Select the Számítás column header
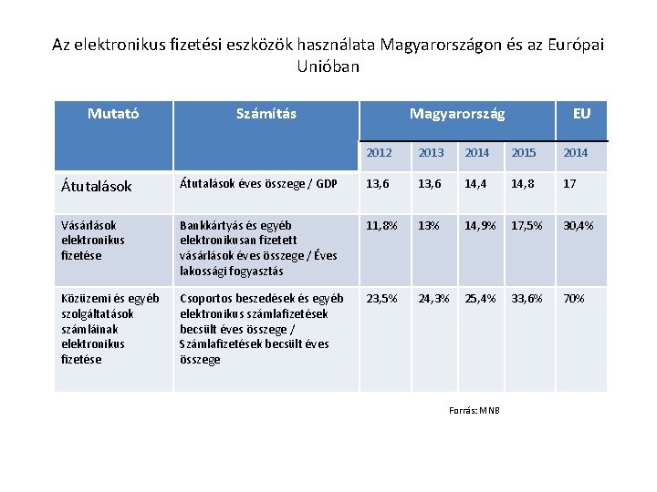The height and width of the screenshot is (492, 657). pyautogui.click(x=266, y=114)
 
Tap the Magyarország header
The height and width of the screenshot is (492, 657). pyautogui.click(x=456, y=114)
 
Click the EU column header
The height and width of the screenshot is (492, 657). pyautogui.click(x=581, y=114)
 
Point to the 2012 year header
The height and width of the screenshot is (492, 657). pyautogui.click(x=379, y=152)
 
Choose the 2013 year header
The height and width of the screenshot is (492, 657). pyautogui.click(x=431, y=152)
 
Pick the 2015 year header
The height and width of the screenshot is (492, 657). pyautogui.click(x=524, y=152)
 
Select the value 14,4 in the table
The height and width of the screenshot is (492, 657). pyautogui.click(x=477, y=185)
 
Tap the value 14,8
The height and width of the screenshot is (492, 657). pyautogui.click(x=524, y=185)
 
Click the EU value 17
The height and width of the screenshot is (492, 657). pyautogui.click(x=569, y=185)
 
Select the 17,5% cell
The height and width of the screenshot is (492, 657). pyautogui.click(x=527, y=225)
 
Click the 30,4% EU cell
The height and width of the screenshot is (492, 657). pyautogui.click(x=579, y=225)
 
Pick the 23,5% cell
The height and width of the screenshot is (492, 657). pyautogui.click(x=381, y=299)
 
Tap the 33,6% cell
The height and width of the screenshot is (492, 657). pyautogui.click(x=527, y=299)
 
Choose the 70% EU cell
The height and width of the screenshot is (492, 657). pyautogui.click(x=574, y=299)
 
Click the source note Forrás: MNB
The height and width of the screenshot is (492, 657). pyautogui.click(x=474, y=409)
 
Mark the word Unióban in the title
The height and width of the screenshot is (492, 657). pyautogui.click(x=328, y=67)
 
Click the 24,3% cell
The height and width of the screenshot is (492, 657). pyautogui.click(x=433, y=299)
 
